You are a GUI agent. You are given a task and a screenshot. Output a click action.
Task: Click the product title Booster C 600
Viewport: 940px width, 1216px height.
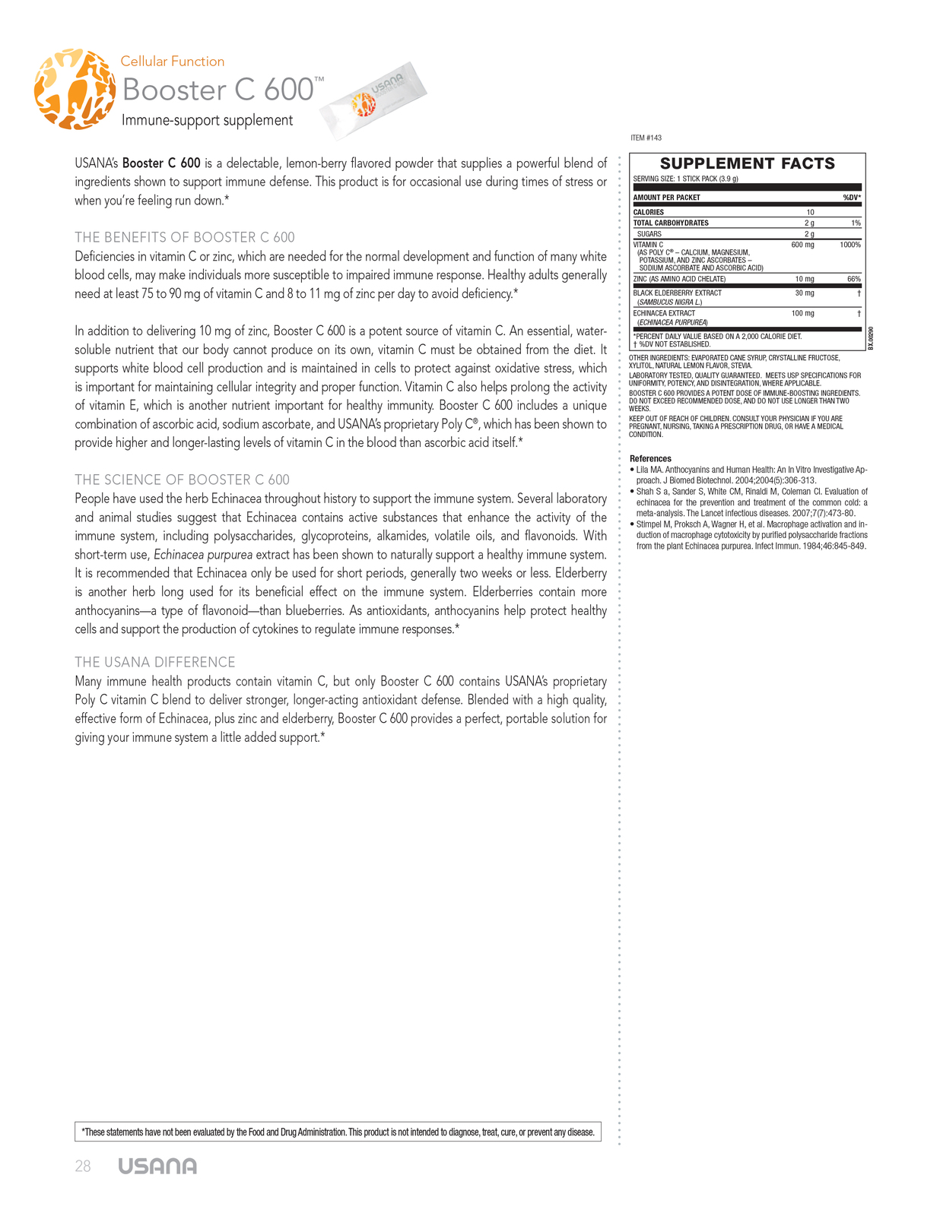coord(218,90)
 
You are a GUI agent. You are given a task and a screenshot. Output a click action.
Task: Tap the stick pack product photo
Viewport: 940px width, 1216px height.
coord(373,100)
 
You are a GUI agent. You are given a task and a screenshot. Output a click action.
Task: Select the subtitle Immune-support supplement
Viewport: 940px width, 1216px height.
coord(207,120)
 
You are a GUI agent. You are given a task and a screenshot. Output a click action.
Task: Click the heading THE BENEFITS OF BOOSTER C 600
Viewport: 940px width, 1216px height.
coord(185,237)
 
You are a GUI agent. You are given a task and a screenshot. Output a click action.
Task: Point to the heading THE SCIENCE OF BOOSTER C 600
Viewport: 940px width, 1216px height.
coord(182,480)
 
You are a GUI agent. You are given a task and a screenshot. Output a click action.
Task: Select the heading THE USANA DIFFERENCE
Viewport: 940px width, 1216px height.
coord(155,662)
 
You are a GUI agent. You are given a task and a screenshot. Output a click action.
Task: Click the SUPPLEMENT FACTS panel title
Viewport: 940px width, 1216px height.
coord(747,163)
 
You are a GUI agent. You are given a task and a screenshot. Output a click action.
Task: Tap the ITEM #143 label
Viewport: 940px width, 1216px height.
coord(646,138)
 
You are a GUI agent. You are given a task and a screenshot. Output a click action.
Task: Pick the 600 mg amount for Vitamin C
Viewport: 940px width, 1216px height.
coord(802,245)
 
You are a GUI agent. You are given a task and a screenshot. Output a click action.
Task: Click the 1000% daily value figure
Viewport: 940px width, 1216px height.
coord(849,245)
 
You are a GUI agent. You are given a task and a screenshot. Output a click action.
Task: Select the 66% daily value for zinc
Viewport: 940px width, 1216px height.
coord(853,279)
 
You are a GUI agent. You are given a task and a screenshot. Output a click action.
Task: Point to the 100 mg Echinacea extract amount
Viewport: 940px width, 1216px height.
coord(802,313)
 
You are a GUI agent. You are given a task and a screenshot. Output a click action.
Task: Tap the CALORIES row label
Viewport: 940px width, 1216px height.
coord(649,212)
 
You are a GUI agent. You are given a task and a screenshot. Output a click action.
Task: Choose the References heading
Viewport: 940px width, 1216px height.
coord(650,458)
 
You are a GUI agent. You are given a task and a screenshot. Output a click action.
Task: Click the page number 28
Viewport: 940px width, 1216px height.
coord(83,1167)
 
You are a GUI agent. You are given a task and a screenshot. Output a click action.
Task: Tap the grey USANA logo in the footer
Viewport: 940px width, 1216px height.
coord(157,1167)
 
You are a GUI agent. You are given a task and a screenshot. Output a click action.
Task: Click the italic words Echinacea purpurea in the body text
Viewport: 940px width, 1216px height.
coord(203,555)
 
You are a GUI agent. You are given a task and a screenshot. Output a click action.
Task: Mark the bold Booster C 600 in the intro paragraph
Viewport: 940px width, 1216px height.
coord(161,163)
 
